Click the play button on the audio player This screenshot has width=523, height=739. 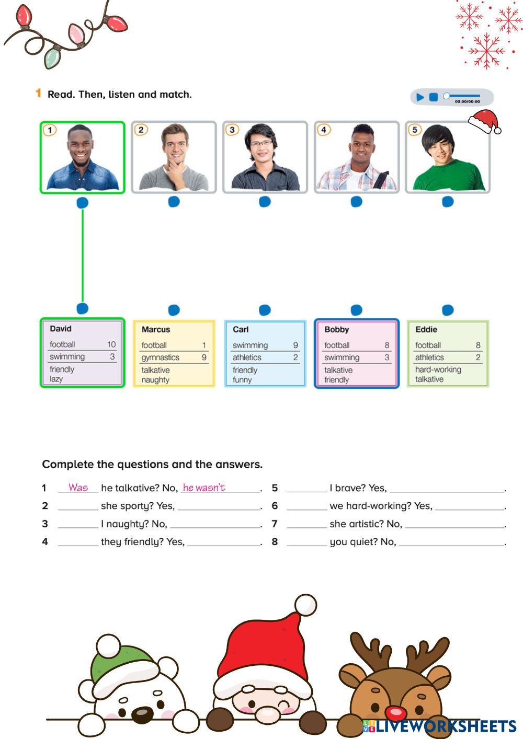point(420,97)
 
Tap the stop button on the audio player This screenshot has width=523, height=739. point(434,97)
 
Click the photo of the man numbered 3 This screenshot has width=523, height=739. point(265,157)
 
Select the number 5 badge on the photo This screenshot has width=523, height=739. point(415,130)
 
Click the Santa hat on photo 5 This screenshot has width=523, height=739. point(484,121)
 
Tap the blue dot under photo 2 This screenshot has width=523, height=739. point(174,202)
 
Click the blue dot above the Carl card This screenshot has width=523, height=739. point(265,310)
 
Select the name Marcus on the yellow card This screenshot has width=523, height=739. point(156,330)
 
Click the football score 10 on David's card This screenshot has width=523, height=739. point(111,344)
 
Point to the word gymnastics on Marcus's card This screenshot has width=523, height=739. point(160,357)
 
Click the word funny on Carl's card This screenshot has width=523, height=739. point(242,380)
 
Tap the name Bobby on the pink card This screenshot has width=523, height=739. point(336,330)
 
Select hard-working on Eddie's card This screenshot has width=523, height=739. point(438,369)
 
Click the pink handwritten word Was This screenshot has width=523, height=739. point(78,488)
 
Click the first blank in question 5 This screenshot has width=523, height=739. point(306,488)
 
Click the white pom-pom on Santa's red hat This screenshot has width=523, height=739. point(305,605)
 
